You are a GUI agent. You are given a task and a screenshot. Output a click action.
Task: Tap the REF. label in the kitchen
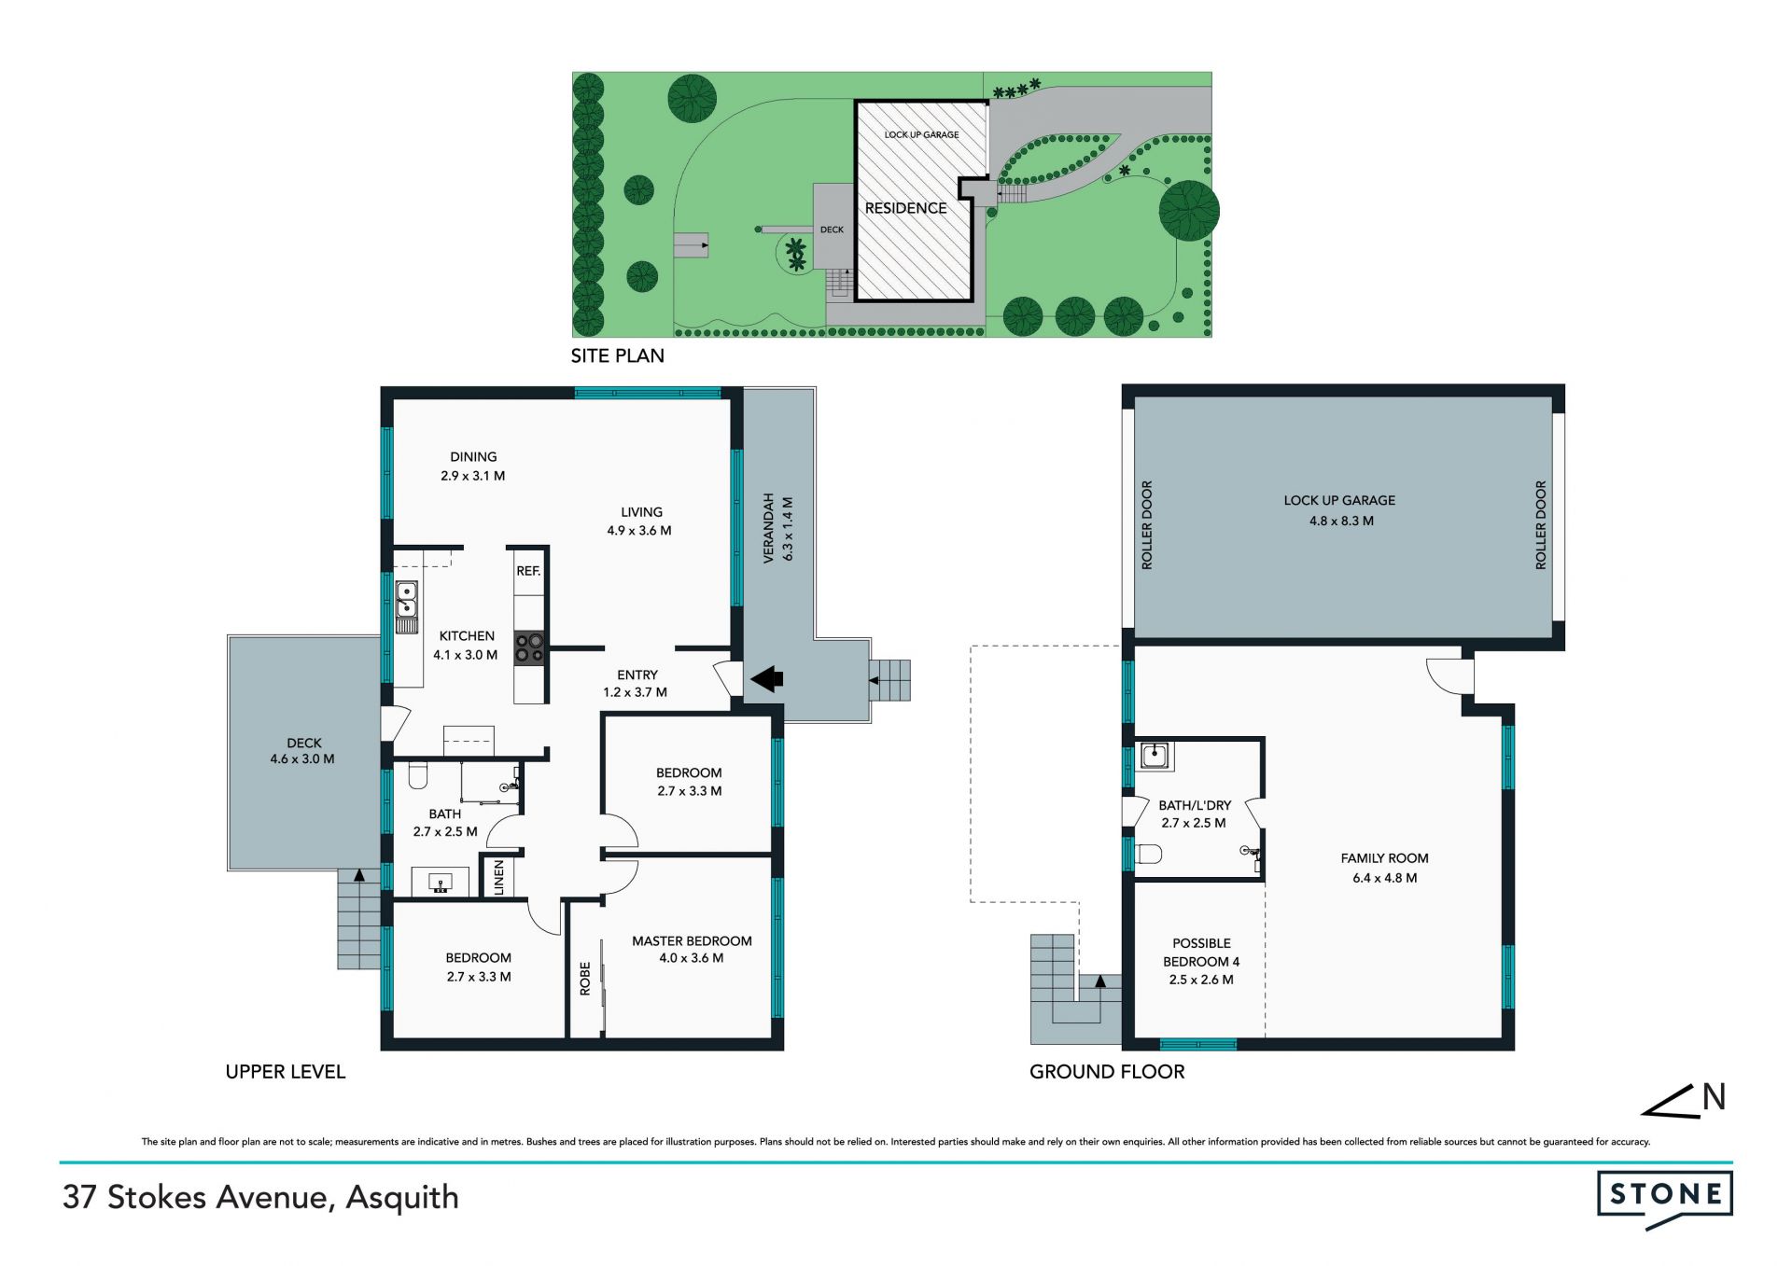click(528, 571)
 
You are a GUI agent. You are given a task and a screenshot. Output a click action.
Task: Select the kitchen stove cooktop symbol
click(530, 647)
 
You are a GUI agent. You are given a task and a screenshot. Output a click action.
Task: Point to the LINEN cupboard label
click(498, 878)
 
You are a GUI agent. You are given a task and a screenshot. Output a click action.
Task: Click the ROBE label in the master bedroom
click(585, 979)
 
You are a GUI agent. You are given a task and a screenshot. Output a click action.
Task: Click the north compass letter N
click(1714, 1097)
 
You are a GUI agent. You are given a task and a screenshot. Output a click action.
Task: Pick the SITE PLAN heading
click(618, 355)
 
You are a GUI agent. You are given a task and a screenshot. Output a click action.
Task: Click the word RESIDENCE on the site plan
click(905, 208)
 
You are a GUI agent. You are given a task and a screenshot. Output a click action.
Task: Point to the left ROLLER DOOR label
click(1147, 525)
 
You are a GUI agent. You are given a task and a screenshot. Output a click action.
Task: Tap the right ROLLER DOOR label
click(1541, 525)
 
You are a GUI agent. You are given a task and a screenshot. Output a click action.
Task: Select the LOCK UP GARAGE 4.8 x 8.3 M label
click(1339, 510)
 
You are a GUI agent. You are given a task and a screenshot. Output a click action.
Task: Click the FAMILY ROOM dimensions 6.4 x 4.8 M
click(1384, 878)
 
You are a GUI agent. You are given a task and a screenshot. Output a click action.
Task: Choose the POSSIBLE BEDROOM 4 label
click(1201, 953)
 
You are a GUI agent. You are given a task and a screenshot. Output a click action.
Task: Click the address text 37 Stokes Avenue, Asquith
click(260, 1198)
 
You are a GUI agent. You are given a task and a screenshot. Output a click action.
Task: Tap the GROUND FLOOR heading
click(1107, 1072)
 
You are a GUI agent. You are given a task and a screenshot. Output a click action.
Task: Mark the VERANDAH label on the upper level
click(769, 528)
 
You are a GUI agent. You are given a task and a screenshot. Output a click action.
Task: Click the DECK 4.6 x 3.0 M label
click(302, 751)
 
